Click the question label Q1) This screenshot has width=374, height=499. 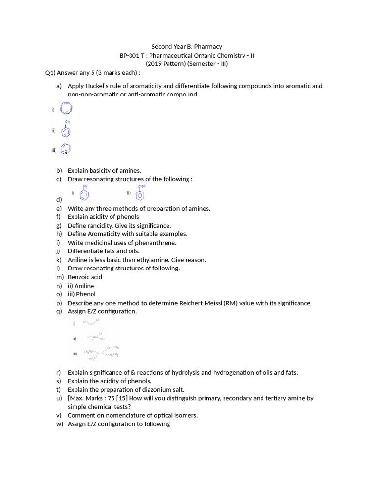click(50, 73)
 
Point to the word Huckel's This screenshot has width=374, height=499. click(100, 86)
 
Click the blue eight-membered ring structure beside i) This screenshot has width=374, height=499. click(66, 109)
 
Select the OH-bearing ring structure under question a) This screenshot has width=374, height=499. click(66, 131)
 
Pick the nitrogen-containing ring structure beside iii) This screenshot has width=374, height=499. click(66, 150)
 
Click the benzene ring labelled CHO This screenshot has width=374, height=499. click(140, 194)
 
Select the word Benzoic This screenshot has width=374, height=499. click(78, 277)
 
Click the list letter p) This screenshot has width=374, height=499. click(59, 303)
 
